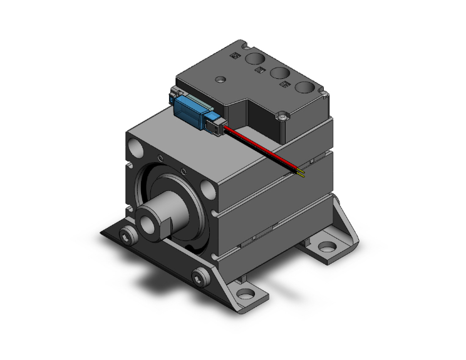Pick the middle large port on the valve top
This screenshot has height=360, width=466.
click(x=280, y=73)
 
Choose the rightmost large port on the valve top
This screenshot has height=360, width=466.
click(x=306, y=88)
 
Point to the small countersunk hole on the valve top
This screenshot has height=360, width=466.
click(x=220, y=80)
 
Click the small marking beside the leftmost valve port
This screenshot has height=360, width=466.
click(x=236, y=56)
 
